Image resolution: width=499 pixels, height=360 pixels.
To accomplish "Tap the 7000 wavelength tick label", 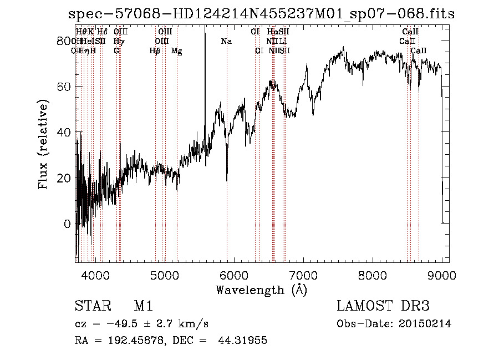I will (303, 275).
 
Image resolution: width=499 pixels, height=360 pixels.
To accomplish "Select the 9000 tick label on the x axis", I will (442, 275).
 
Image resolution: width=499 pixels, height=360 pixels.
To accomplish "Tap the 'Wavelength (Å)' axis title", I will (261, 290).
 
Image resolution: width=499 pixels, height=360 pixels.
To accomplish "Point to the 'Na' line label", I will (226, 41).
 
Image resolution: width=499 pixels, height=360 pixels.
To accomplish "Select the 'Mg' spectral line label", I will (176, 50).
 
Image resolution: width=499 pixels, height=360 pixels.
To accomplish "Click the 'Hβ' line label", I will (155, 50).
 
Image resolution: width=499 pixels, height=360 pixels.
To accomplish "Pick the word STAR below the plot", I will (90, 306).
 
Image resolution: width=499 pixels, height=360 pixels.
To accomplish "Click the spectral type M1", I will (143, 306).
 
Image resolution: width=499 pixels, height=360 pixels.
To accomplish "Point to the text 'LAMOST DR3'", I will (383, 306).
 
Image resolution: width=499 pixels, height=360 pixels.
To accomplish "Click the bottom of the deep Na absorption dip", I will (227, 180).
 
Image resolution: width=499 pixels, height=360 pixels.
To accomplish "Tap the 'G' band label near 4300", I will (116, 50).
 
